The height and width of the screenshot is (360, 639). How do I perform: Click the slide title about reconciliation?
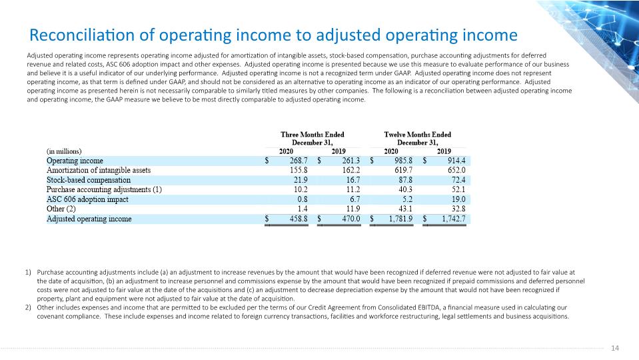pos(273,35)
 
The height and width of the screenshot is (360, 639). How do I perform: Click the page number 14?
pos(615,348)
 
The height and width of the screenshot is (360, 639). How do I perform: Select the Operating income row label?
pos(75,161)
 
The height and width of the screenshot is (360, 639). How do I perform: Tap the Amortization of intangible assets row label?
pos(99,171)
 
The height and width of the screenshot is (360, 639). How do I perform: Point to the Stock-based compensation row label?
pos(89,180)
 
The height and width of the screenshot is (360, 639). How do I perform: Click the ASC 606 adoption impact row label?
pos(87,199)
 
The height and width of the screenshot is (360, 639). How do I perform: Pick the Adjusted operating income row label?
pos(89,219)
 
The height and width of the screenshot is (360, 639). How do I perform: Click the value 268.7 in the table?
pos(299,161)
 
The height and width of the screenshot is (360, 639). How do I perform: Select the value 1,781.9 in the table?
pos(400,219)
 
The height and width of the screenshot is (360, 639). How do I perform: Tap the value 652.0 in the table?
pos(456,171)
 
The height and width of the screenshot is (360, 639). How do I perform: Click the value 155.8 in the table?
pos(299,171)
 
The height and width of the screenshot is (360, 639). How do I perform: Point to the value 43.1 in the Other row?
pos(405,209)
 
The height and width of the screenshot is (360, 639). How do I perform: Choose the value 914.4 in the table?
pos(456,161)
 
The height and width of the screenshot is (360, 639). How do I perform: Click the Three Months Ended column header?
pos(312,139)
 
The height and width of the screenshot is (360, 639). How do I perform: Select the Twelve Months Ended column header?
pos(418,139)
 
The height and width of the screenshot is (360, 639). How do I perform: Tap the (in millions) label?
pos(64,151)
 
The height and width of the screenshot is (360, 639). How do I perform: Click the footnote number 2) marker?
pos(28,307)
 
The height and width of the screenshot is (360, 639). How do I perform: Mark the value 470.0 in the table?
pos(351,219)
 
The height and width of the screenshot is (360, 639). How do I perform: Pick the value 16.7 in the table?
pos(353,180)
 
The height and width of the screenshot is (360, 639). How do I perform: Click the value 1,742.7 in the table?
pos(454,219)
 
